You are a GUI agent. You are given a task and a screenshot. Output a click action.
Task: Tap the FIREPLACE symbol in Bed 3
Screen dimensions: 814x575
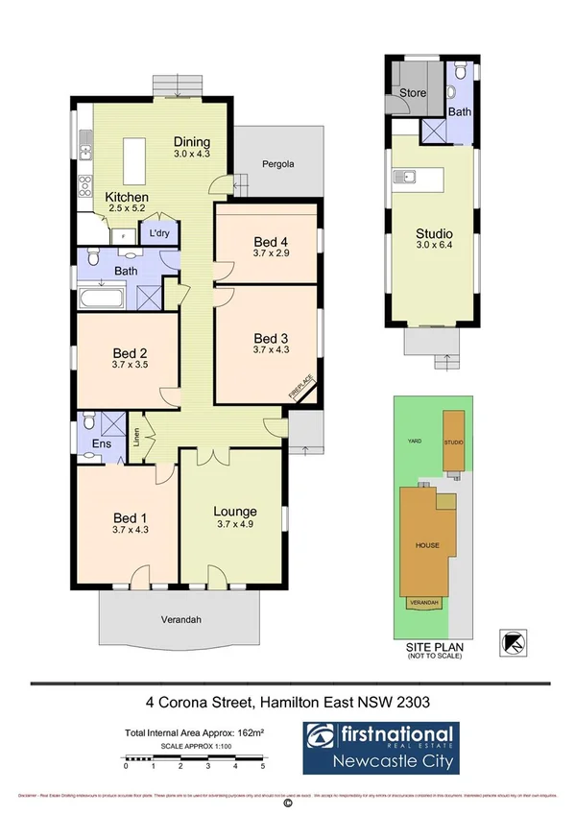(x=301, y=387)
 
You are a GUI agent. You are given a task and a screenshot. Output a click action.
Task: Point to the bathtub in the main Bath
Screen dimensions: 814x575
(x=102, y=298)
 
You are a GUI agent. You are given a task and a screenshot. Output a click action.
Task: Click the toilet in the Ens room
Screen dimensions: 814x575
(x=88, y=421)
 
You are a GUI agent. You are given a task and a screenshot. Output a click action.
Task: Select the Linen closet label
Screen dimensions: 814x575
(x=136, y=437)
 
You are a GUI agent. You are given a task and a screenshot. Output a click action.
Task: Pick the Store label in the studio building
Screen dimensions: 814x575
(x=415, y=94)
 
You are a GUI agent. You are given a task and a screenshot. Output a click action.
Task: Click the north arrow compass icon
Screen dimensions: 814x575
(x=514, y=642)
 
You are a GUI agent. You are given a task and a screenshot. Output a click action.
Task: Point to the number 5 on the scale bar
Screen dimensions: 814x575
(x=263, y=766)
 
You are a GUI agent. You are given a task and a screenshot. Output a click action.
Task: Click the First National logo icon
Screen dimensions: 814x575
(x=323, y=737)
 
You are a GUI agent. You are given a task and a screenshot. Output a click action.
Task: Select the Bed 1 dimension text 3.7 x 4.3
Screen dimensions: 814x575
(x=130, y=528)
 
